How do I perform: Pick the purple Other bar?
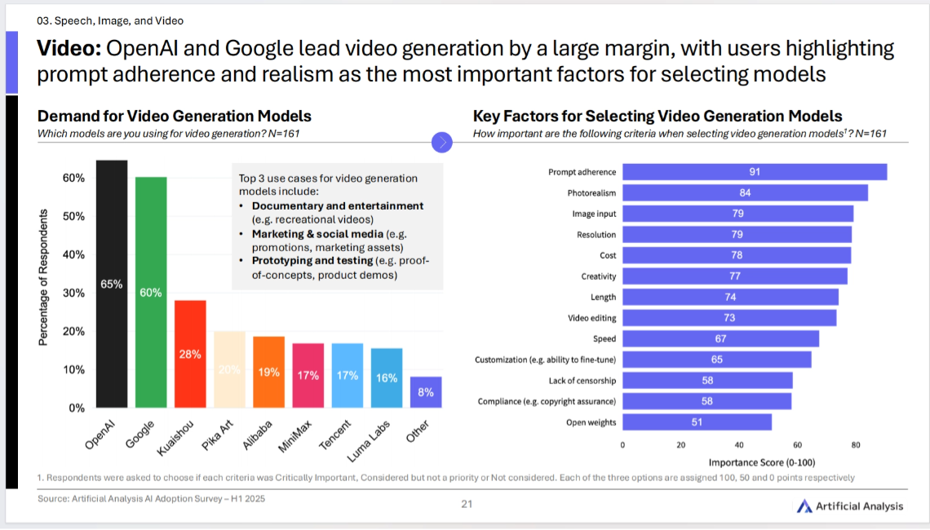[x=426, y=392]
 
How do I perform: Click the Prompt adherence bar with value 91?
[x=755, y=172]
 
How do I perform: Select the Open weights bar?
[x=697, y=422]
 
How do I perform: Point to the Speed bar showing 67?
[x=720, y=338]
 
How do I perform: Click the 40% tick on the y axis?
[x=73, y=254]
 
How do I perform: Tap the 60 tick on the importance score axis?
[x=797, y=445]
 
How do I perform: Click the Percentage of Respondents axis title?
[x=44, y=277]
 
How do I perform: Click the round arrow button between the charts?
[x=442, y=142]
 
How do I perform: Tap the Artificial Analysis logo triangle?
[x=804, y=506]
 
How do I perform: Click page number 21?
[x=467, y=504]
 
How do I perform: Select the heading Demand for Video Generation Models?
[x=175, y=117]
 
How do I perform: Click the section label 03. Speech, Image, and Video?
[x=111, y=20]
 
